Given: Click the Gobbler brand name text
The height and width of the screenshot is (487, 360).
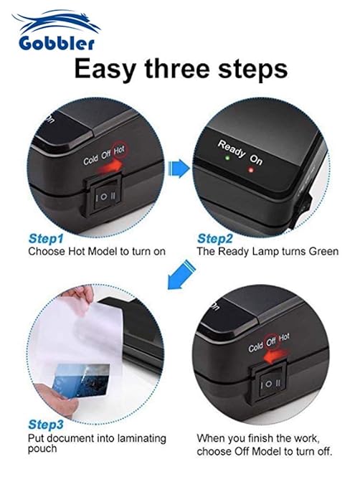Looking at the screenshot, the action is tap(57, 43).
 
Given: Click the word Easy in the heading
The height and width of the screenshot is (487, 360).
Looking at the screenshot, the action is tap(105, 70).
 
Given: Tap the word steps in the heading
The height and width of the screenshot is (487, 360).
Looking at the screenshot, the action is tap(252, 70).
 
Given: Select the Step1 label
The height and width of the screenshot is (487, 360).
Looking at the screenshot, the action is tap(46, 239).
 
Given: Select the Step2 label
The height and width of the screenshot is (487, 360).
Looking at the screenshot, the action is tap(215, 239).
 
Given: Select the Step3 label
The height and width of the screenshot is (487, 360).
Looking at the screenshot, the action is tap(46, 425).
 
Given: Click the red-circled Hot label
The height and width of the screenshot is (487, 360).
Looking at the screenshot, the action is tap(119, 150).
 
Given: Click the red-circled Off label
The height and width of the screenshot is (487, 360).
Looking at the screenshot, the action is tap(271, 341).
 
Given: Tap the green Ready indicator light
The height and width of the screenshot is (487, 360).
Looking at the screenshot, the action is tap(227, 158).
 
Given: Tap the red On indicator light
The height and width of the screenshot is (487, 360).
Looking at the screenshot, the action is tap(251, 170).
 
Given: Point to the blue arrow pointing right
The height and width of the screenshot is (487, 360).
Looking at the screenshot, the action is tap(179, 169).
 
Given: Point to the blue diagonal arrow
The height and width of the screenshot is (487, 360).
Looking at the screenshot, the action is tap(181, 275).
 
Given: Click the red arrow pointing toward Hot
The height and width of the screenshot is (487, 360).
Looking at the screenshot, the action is tap(109, 166).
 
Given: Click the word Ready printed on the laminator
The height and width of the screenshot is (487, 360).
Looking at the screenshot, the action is tap(232, 148).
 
